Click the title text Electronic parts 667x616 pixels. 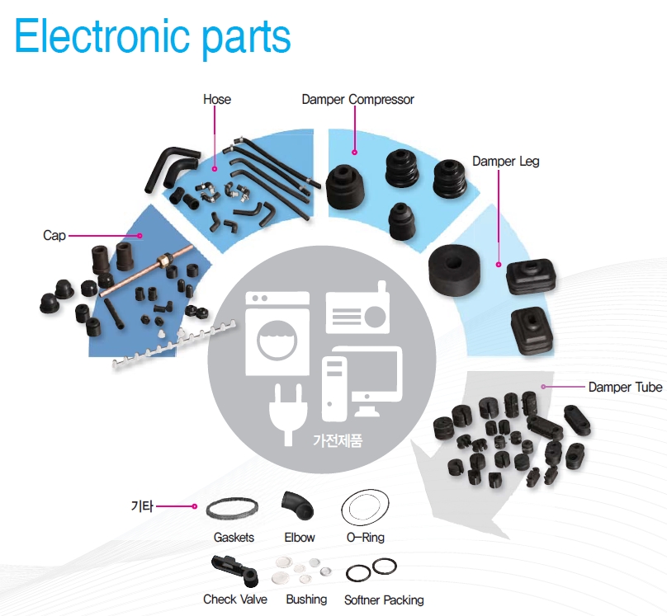point(153,37)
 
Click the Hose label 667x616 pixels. point(217,100)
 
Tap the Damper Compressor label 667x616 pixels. point(357,100)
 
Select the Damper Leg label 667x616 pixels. point(505,162)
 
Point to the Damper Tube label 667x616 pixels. point(625,387)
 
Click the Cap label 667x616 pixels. point(54,236)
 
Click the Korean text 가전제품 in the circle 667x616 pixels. point(337,440)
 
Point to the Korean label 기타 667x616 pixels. point(142,505)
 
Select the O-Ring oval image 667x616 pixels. point(366,507)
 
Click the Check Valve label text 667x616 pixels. point(235,600)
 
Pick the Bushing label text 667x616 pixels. point(306,600)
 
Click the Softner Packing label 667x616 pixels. point(384,600)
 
